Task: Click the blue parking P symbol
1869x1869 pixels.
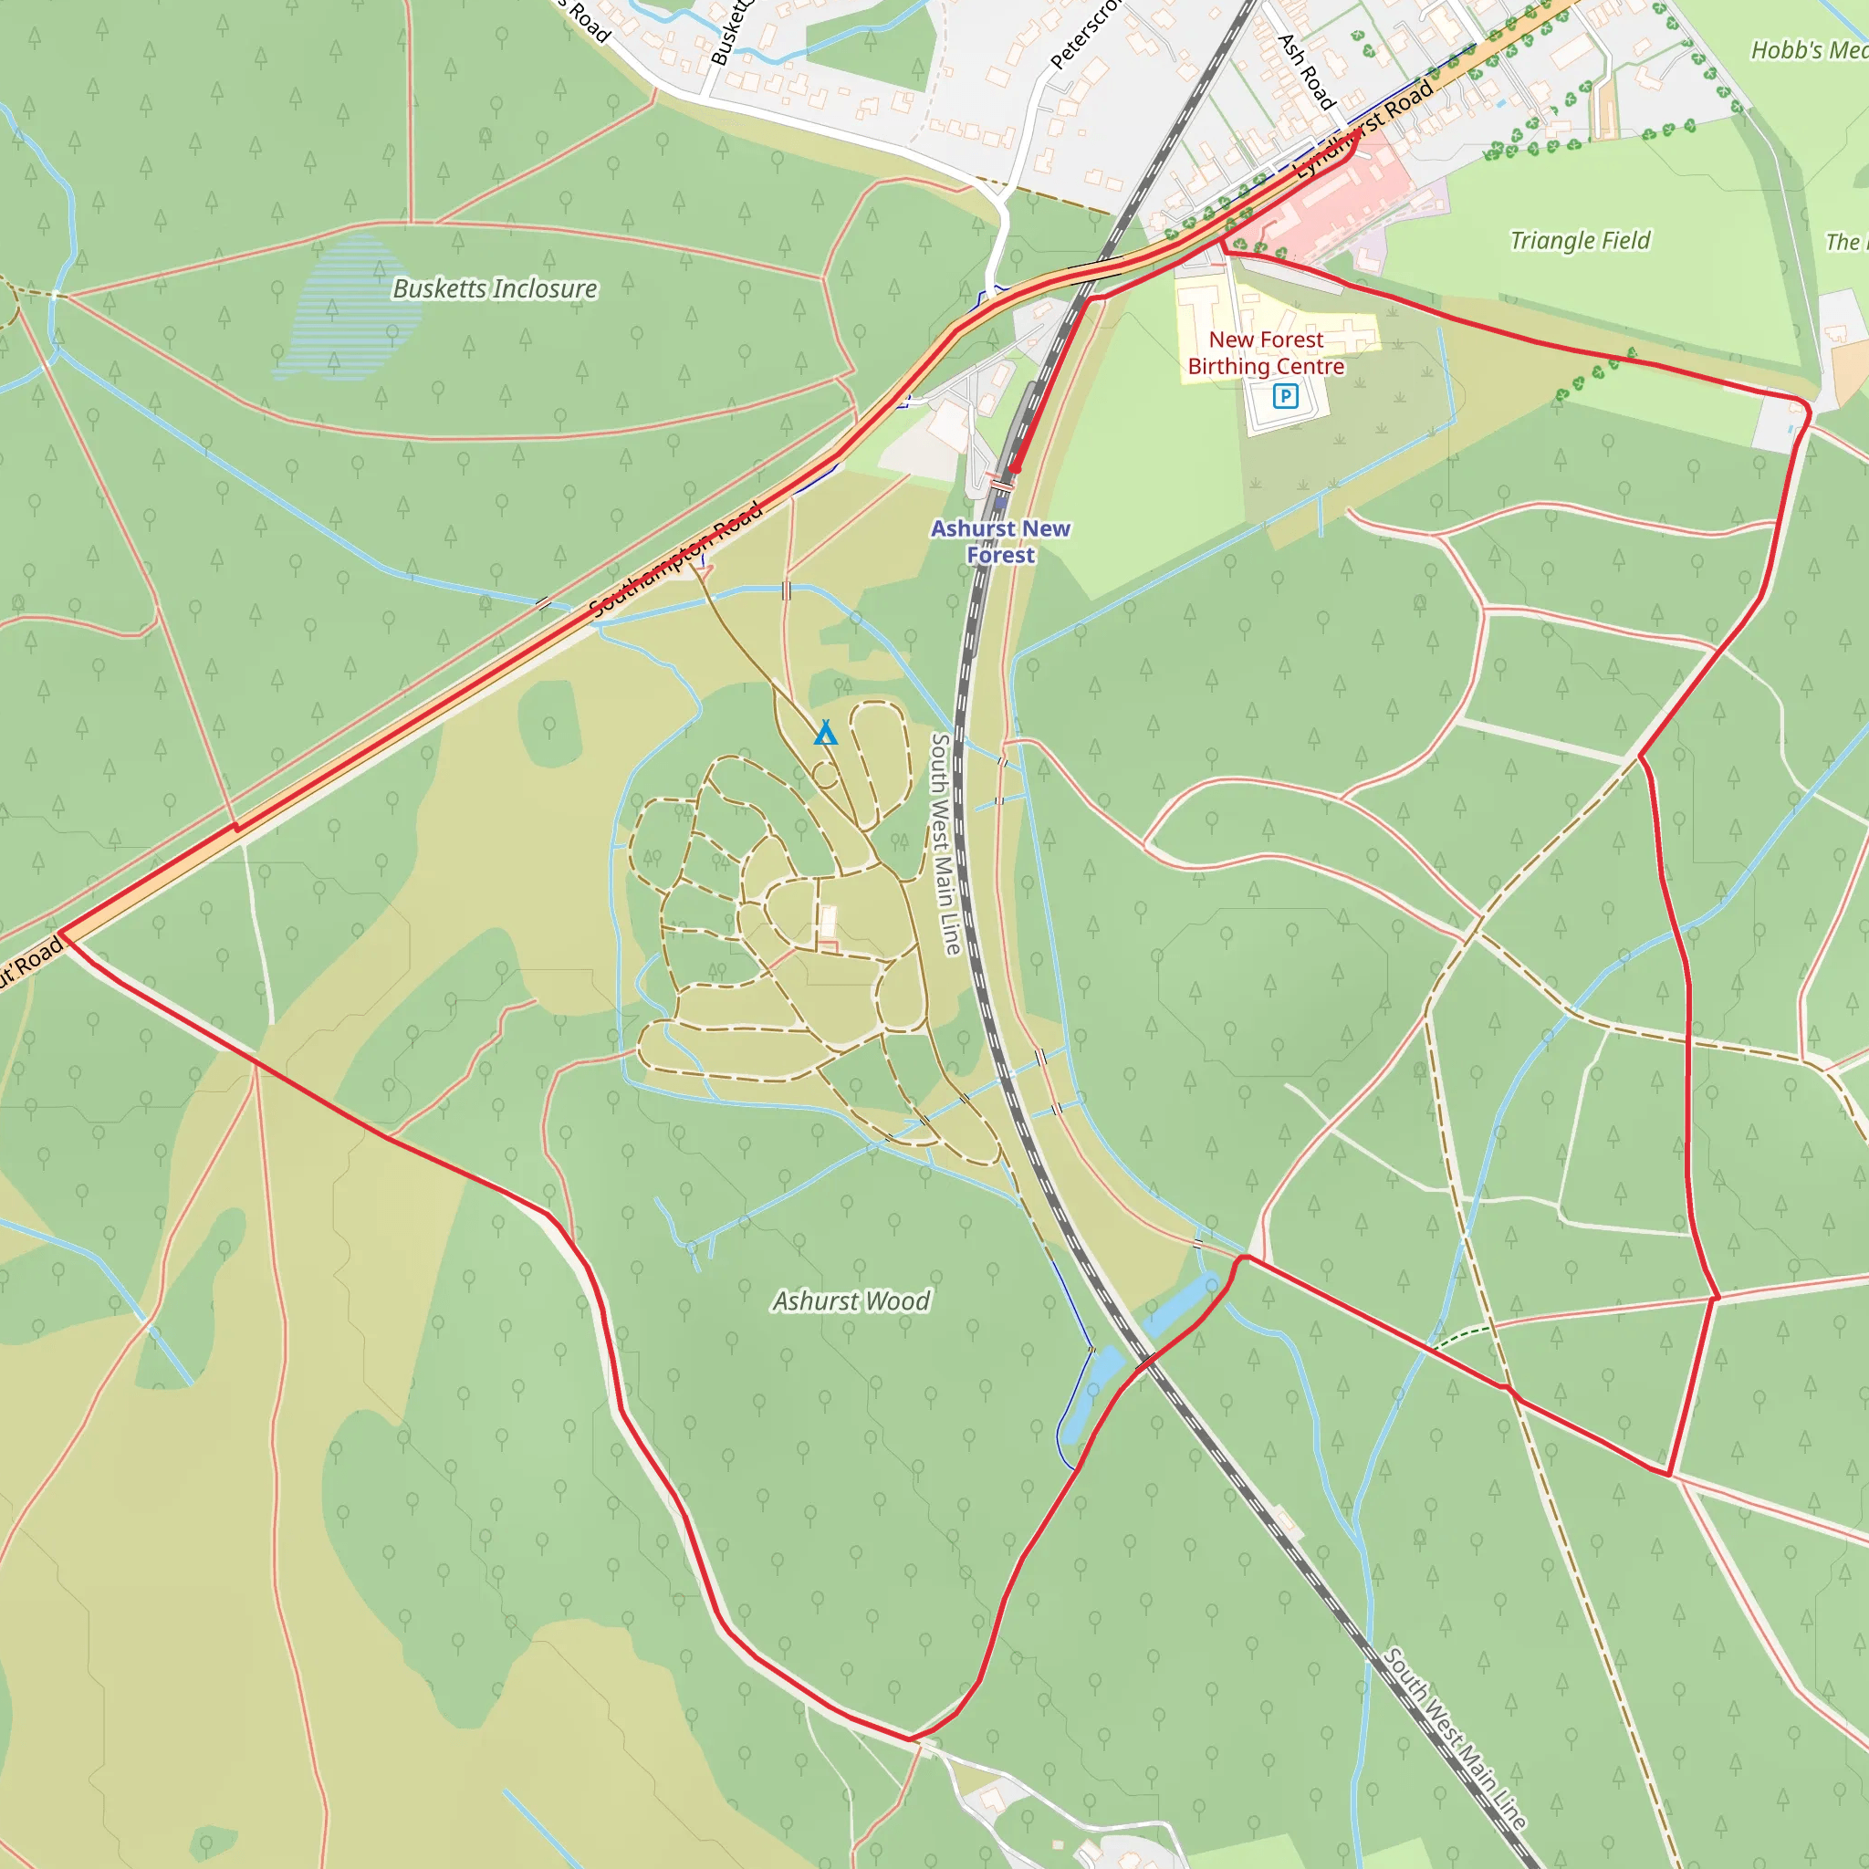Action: point(1285,396)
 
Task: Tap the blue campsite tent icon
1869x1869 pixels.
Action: point(825,734)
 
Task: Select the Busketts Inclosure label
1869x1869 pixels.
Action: point(495,288)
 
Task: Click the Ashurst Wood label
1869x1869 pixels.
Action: point(851,1301)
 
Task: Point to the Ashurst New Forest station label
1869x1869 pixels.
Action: point(1000,542)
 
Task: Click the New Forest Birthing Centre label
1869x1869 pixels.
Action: point(1266,353)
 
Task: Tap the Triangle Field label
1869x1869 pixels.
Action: point(1580,240)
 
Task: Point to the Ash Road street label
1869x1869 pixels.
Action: point(1306,70)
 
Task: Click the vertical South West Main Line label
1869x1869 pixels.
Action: point(944,843)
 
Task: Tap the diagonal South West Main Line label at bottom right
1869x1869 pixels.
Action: point(1454,1738)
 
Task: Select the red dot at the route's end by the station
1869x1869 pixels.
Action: point(1015,469)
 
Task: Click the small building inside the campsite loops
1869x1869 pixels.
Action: point(827,920)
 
